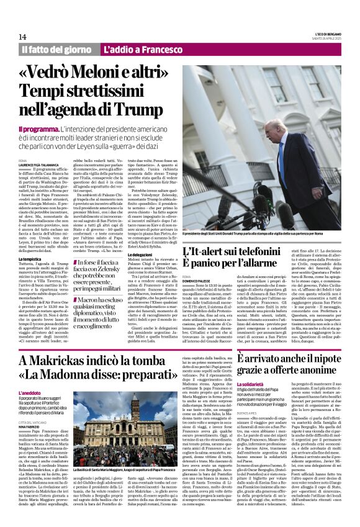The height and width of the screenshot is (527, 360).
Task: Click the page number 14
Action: tap(22, 37)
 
